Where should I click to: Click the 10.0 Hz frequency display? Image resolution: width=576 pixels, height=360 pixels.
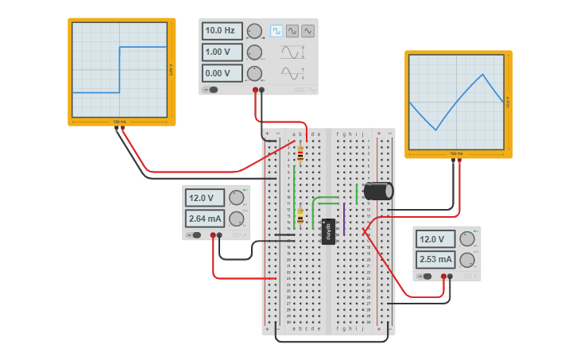click(x=222, y=31)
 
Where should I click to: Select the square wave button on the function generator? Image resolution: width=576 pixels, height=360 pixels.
click(x=276, y=31)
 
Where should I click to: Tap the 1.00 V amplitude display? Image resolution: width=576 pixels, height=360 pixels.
click(x=222, y=52)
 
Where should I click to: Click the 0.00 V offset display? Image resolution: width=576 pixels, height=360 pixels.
click(x=222, y=73)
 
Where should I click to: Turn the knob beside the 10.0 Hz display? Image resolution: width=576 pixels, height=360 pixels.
click(x=254, y=31)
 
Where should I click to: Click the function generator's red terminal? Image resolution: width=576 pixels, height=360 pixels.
click(x=255, y=90)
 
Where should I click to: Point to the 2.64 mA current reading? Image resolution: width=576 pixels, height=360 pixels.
click(x=205, y=219)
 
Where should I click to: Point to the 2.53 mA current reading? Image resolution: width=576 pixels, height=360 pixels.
click(x=435, y=259)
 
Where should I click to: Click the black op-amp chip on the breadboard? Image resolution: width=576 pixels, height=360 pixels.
click(x=329, y=231)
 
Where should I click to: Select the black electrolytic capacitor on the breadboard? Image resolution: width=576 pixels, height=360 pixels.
click(x=378, y=192)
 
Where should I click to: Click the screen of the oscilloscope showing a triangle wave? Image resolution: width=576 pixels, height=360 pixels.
click(x=455, y=101)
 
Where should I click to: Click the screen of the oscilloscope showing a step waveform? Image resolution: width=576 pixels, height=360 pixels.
click(x=120, y=69)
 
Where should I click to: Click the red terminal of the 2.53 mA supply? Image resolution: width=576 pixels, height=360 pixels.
click(x=443, y=277)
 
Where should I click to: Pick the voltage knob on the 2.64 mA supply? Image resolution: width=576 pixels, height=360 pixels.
click(x=236, y=198)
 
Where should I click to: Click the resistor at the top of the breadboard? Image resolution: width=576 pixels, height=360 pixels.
click(x=300, y=152)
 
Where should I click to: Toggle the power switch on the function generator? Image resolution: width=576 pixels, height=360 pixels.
click(x=212, y=90)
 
